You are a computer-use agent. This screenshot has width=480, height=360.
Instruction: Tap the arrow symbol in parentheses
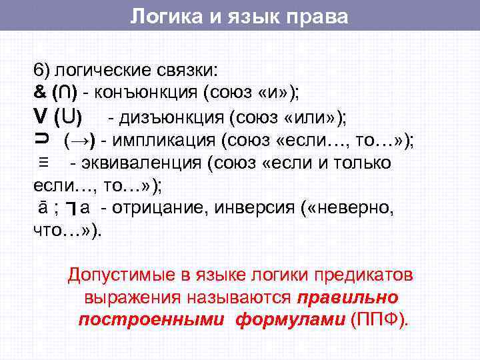[x=79, y=141]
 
